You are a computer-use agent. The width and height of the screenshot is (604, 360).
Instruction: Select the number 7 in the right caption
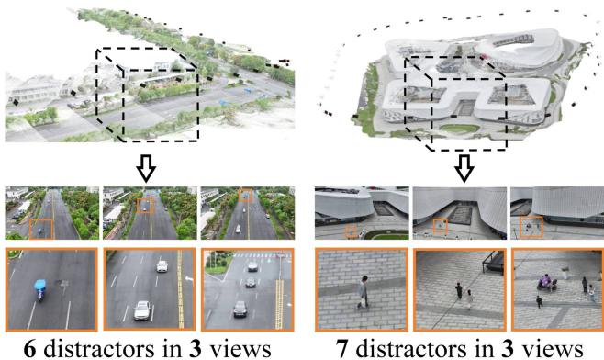[337, 348]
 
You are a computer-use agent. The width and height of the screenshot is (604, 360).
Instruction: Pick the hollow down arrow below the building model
[464, 168]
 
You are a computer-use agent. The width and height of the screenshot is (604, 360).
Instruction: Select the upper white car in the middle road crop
[162, 266]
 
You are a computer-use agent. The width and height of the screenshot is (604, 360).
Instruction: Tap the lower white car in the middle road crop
[142, 310]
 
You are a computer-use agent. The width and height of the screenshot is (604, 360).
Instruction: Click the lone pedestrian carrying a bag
[363, 291]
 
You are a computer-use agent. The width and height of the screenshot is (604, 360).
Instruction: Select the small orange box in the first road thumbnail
[42, 228]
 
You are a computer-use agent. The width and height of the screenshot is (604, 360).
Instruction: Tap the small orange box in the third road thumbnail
[245, 195]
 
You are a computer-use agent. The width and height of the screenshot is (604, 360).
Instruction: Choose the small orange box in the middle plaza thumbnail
[441, 226]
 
